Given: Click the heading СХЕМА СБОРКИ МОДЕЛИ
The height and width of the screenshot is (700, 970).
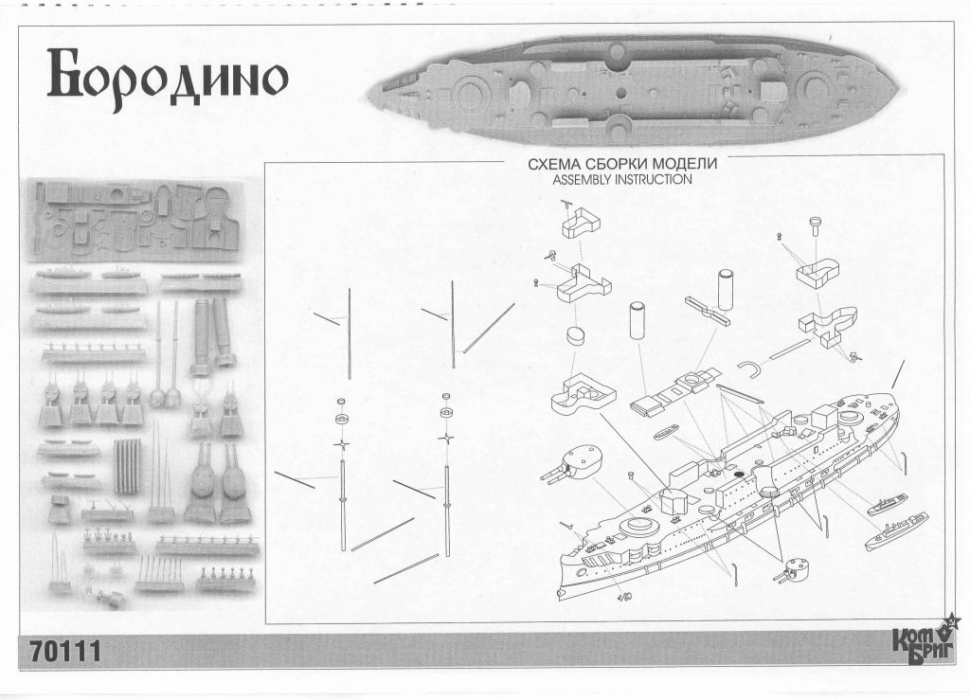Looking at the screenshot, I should (x=621, y=164).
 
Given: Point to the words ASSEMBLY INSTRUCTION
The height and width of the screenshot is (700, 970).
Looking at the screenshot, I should (x=621, y=179).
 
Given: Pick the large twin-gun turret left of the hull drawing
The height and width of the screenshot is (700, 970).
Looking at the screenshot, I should (x=580, y=462).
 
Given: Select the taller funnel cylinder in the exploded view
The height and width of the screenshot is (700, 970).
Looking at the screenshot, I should (x=727, y=288).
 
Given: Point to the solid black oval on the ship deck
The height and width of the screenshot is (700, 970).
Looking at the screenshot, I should (x=735, y=472).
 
